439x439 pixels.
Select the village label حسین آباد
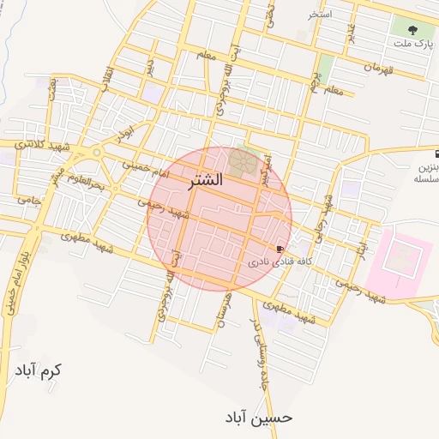point(259,418)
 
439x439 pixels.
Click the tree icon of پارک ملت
point(402,29)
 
